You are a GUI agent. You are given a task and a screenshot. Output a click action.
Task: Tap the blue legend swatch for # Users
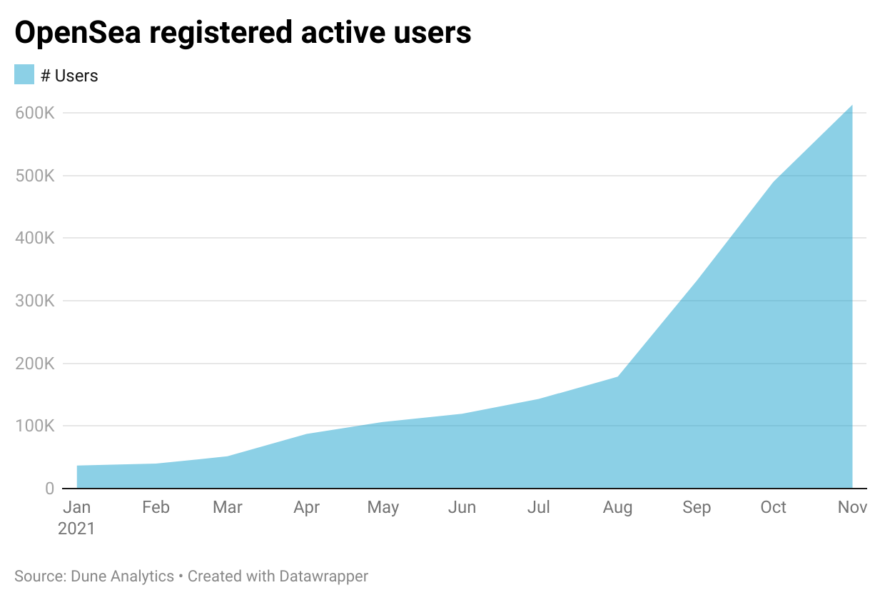tap(24, 74)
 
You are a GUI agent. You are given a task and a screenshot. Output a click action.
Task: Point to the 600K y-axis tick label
tap(34, 113)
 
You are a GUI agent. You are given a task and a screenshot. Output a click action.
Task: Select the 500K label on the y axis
tap(34, 176)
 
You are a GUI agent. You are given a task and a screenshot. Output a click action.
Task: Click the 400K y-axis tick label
tap(34, 238)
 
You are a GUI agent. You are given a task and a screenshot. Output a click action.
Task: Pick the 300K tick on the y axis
tap(34, 301)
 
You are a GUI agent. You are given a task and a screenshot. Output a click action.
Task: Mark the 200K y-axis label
tap(34, 364)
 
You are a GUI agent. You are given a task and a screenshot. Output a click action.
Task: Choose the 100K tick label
tap(34, 426)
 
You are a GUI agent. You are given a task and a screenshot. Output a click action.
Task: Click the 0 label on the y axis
tap(49, 489)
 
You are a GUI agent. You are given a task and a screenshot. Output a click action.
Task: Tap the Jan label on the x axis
tap(76, 507)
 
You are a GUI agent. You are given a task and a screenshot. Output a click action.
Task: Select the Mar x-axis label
tap(228, 507)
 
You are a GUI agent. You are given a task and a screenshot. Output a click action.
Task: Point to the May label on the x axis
tap(383, 507)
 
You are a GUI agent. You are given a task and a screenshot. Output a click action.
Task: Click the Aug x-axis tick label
tap(617, 507)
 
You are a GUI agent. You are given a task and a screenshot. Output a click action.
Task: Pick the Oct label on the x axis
tap(773, 507)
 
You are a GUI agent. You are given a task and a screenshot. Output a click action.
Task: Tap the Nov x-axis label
tap(852, 507)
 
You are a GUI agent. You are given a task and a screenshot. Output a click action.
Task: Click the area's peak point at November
tap(851, 106)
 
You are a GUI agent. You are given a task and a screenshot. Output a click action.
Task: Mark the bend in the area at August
tap(617, 376)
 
